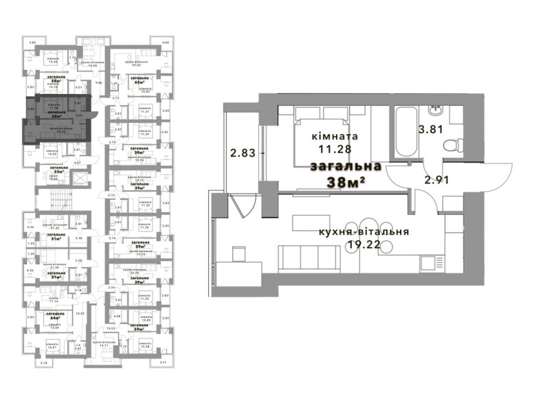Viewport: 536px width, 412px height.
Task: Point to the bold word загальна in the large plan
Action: click(x=346, y=167)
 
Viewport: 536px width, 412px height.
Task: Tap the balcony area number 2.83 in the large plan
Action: click(x=243, y=153)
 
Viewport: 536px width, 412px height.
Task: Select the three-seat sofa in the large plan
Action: click(x=309, y=260)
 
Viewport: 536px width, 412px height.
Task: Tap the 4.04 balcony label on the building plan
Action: click(x=165, y=43)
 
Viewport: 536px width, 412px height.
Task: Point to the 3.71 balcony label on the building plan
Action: click(x=163, y=362)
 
